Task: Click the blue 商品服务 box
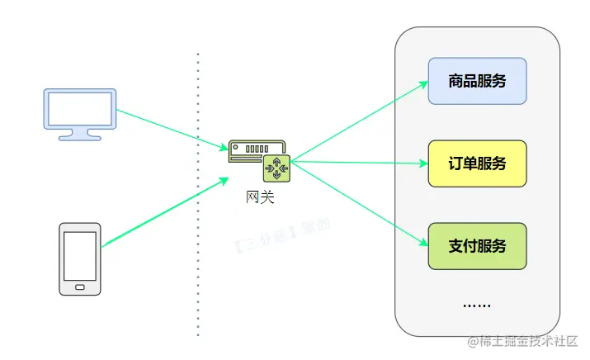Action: (x=477, y=81)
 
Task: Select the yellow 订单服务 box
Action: (x=477, y=163)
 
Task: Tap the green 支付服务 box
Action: (x=477, y=246)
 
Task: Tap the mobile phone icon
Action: (x=80, y=258)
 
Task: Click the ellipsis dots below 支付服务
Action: (x=476, y=306)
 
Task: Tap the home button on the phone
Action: (x=80, y=287)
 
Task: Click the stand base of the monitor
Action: (x=80, y=137)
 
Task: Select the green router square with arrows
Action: (x=275, y=169)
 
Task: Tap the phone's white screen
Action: (x=80, y=255)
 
